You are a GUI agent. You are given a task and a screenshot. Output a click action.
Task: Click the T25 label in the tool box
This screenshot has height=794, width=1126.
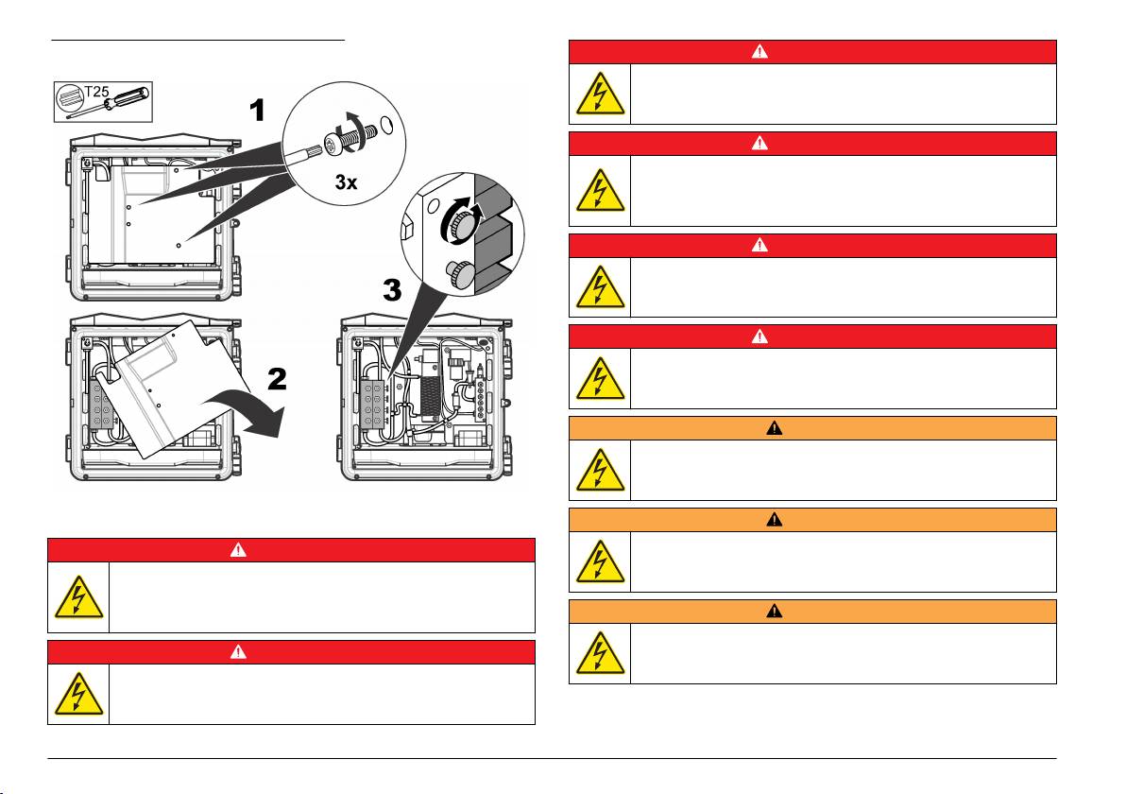[x=97, y=92]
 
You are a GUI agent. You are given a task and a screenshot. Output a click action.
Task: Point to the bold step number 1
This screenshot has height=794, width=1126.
[x=257, y=111]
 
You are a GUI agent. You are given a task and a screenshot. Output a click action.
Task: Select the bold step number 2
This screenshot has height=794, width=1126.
[x=277, y=379]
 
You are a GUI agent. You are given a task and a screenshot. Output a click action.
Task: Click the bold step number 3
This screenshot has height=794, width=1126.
[x=392, y=290]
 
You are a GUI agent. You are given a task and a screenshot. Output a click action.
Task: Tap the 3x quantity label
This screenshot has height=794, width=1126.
[x=346, y=182]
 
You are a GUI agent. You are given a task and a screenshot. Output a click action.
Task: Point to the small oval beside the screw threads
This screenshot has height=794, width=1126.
[x=385, y=126]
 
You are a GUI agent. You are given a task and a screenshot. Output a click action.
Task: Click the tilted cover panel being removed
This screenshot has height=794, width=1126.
[x=167, y=388]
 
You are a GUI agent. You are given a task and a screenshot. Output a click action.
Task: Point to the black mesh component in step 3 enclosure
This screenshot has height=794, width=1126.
[x=430, y=396]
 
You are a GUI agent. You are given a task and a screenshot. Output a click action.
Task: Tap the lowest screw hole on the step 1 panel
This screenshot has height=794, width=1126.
[x=179, y=246]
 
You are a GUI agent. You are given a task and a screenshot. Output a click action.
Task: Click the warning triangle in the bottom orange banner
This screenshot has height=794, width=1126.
[x=775, y=612]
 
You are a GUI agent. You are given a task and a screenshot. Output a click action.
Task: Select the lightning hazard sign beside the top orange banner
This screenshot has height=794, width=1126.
[x=601, y=470]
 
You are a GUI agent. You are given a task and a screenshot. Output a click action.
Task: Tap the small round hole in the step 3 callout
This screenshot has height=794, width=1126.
[x=433, y=206]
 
